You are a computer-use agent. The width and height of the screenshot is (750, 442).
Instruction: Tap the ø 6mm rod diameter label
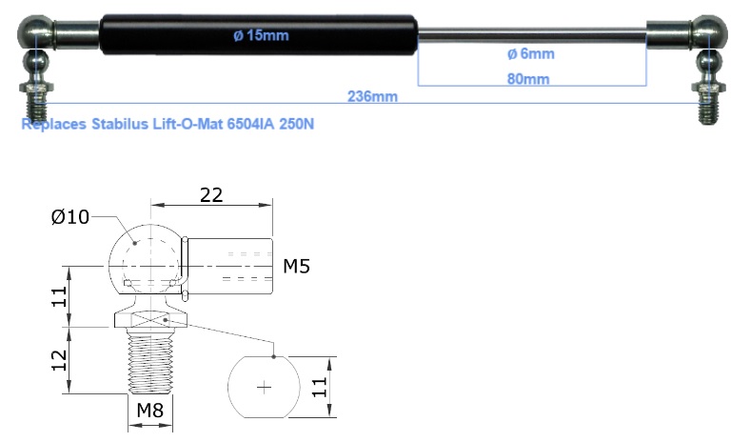point(531,54)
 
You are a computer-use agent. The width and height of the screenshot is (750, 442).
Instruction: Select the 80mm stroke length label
point(529,79)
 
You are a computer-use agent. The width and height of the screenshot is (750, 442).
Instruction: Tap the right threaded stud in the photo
point(709,102)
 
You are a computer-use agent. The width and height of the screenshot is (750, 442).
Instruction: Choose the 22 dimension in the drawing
point(210,194)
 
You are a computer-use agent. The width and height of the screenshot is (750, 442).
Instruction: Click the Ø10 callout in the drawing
point(70,217)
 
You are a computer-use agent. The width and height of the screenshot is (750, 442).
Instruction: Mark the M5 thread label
point(296,266)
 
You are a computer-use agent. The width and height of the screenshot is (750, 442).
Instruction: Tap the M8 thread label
point(149,411)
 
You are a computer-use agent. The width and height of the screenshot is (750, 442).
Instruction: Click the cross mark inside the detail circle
point(265,387)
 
